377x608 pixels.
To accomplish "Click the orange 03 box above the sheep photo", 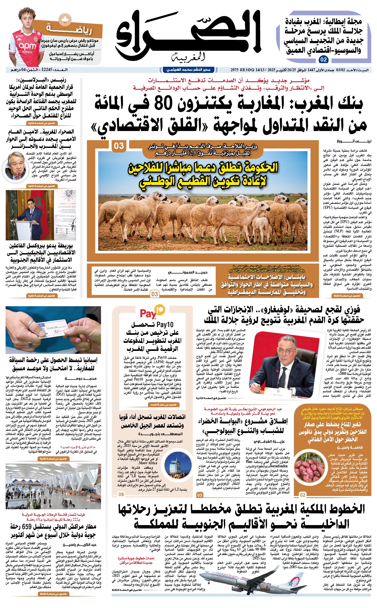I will coord(119,146).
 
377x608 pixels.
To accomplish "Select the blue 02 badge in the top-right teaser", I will coord(323,60).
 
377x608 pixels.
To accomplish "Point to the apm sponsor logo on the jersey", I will coord(27,46).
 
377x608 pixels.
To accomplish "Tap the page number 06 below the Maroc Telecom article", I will coord(121,494).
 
